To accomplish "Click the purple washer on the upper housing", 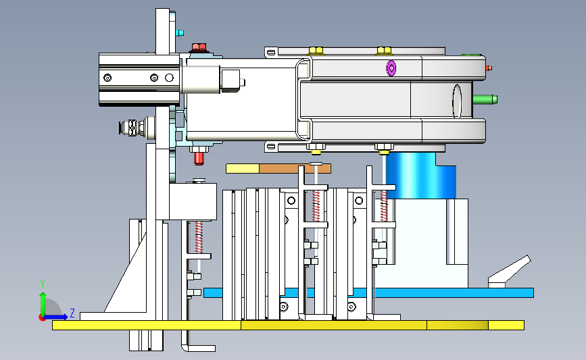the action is (x=391, y=68).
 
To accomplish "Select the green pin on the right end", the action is (x=485, y=100).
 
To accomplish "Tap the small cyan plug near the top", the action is (x=180, y=33).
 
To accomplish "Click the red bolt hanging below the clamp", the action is (x=199, y=158).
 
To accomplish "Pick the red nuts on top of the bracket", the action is (x=199, y=47).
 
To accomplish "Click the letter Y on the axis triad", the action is (x=43, y=284).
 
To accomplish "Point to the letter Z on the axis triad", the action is (x=72, y=313).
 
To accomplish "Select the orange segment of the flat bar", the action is (x=295, y=169).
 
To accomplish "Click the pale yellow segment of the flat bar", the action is (x=243, y=169).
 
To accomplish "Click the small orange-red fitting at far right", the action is (x=489, y=68).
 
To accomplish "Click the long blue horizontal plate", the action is (x=368, y=292).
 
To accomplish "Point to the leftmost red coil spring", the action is (x=199, y=238).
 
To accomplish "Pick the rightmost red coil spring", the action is (x=384, y=206).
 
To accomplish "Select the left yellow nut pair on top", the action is (x=316, y=51).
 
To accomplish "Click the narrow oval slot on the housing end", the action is (x=457, y=101).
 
